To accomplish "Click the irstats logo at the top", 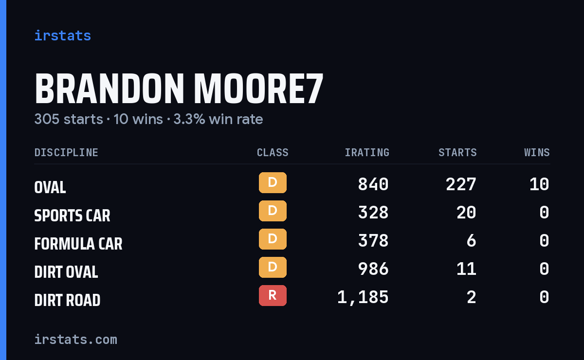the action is click(63, 36).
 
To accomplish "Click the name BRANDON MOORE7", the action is click(179, 89).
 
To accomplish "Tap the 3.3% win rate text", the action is click(218, 119).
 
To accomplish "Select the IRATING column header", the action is click(367, 152).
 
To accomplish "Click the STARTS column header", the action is click(457, 152).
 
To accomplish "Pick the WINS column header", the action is click(537, 152).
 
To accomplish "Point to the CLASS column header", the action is click(273, 152).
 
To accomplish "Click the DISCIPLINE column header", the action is click(66, 152).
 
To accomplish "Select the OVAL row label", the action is click(50, 187).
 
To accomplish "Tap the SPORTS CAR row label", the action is click(72, 216).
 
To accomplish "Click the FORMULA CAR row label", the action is click(78, 244).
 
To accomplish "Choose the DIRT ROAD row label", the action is click(67, 300).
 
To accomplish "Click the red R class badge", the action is click(273, 295).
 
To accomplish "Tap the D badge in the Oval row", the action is click(273, 182).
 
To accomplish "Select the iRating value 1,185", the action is click(363, 297).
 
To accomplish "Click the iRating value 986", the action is click(373, 269).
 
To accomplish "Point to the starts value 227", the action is click(461, 184).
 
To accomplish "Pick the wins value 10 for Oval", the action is click(539, 184).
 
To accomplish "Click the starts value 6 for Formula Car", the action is click(472, 241).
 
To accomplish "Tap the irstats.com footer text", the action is click(76, 340).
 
